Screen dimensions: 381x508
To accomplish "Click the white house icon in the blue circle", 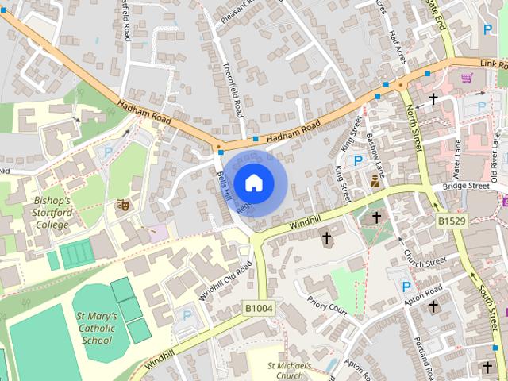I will [x=253, y=183].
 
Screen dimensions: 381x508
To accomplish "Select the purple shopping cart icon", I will [x=467, y=79].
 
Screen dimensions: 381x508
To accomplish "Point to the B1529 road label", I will [x=450, y=219].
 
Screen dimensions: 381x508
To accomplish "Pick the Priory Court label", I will [x=327, y=307].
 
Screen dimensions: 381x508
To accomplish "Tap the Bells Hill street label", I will [x=223, y=179].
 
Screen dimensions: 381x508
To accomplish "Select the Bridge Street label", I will [x=466, y=186].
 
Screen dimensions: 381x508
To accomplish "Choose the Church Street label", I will [x=425, y=259].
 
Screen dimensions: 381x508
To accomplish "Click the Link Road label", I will [x=492, y=63].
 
